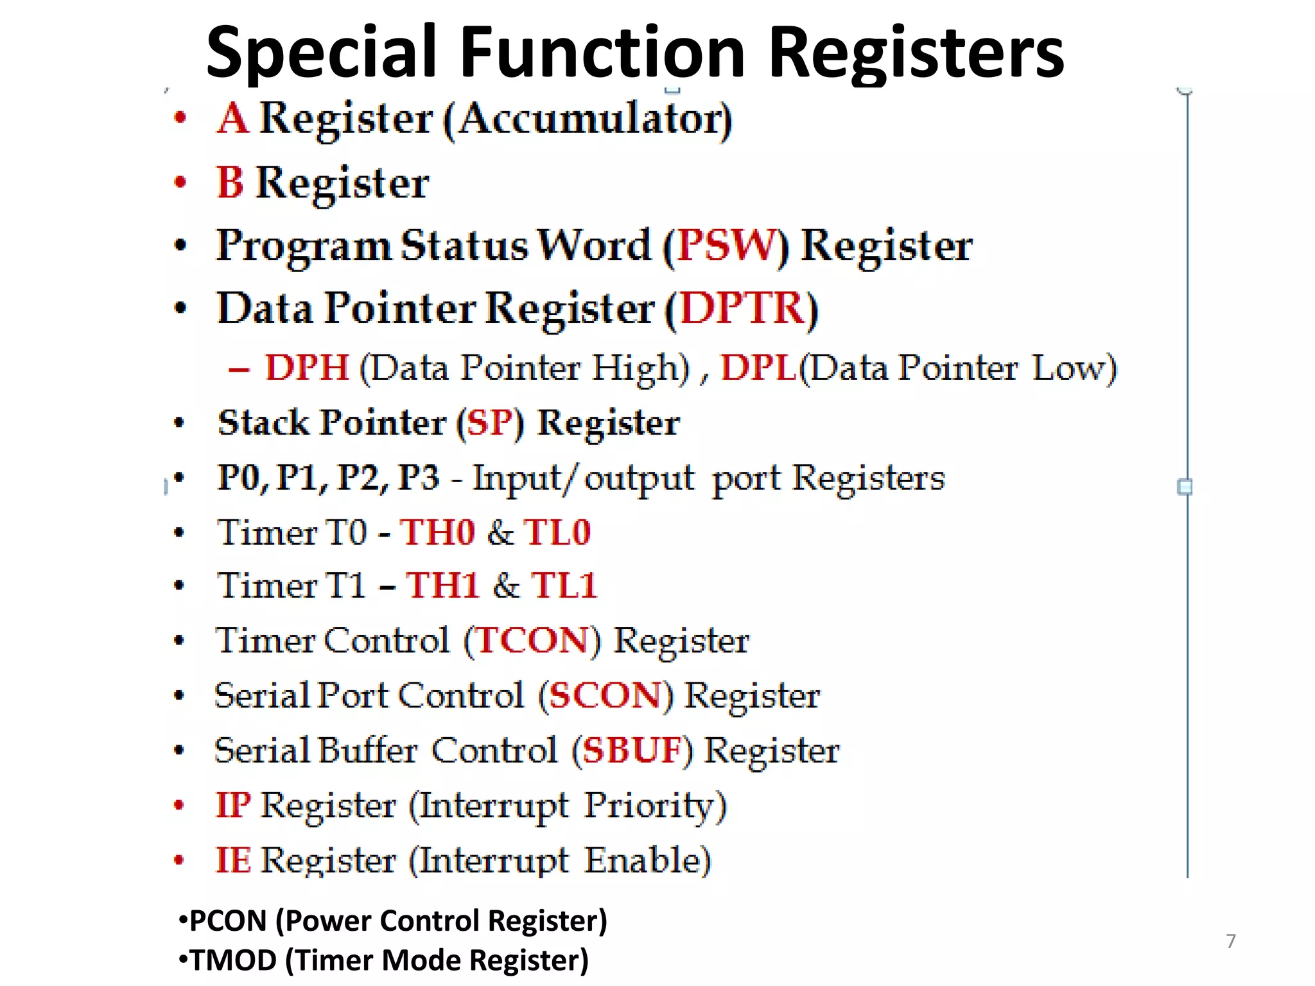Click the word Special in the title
coord(321,53)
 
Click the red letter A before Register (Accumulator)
coord(232,119)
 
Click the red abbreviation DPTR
coord(742,308)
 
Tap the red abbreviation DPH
coord(307,368)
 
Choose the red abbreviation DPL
coord(758,368)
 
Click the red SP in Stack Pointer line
coord(491,423)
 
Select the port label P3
coord(419,478)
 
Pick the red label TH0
coord(437,532)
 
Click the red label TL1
coord(564,585)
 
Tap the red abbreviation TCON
coord(532,641)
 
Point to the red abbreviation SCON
coord(605,695)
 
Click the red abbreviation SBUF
coord(632,750)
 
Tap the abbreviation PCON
coord(228,921)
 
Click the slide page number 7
coord(1230,941)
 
